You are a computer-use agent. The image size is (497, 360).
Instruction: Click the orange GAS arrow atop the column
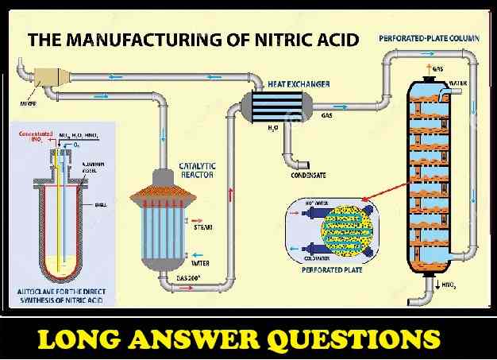click(432, 70)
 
